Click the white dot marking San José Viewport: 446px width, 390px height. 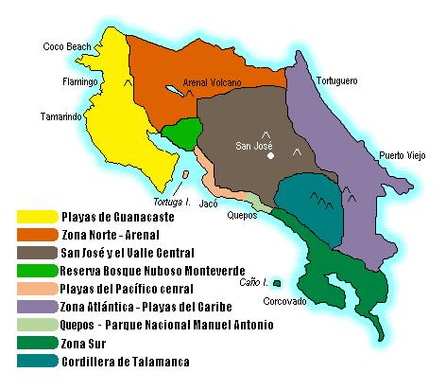pos(270,156)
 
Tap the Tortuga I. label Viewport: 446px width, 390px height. pos(171,202)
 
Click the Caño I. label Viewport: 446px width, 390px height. pos(250,280)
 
